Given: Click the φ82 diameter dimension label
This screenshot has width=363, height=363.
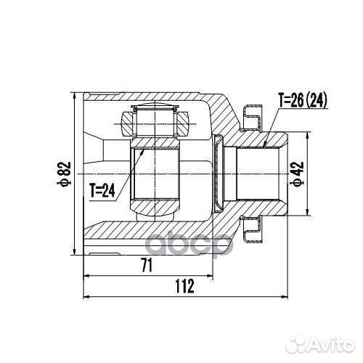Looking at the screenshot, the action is point(64,174).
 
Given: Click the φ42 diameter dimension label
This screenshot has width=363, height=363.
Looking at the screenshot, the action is point(297,174).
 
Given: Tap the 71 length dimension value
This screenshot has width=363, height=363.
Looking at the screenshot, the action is point(147,265).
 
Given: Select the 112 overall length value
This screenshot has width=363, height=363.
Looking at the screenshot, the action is point(184,286).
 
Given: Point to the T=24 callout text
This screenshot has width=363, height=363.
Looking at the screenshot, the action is point(102,190).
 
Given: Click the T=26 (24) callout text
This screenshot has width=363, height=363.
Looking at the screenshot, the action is point(303,100).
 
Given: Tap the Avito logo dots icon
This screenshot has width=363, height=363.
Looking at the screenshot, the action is point(296,343).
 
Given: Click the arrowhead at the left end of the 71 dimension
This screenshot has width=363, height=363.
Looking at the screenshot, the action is point(86,275).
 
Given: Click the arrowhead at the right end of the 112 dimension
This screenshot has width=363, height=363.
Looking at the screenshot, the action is point(285,297).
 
